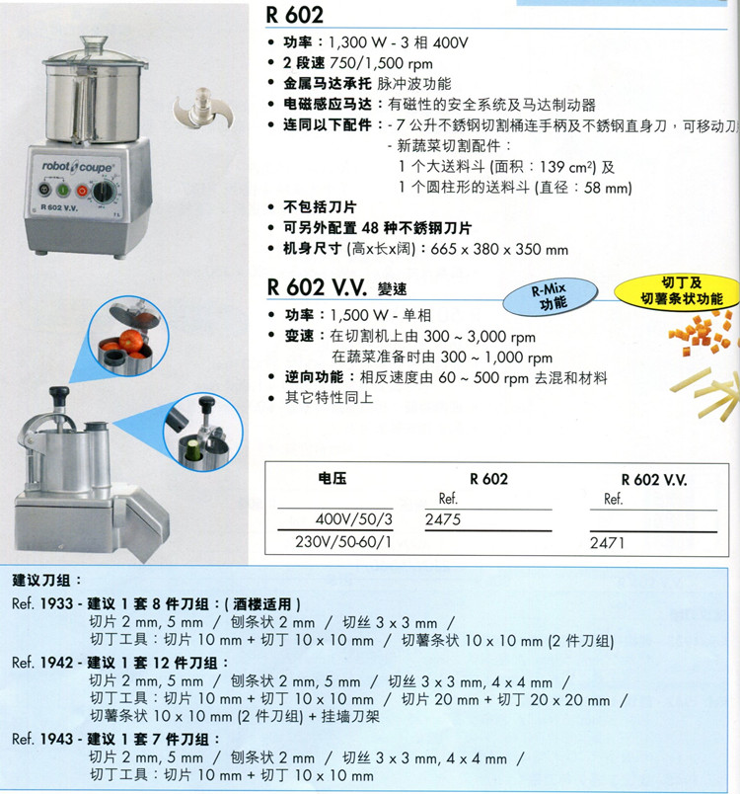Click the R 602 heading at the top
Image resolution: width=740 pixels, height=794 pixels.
pos(294,14)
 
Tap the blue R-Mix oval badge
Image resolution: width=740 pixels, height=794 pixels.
pos(551,296)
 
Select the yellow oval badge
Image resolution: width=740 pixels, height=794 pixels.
pos(679,291)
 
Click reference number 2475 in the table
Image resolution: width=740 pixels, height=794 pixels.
pos(443,519)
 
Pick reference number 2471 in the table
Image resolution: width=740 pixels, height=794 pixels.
pos(607,543)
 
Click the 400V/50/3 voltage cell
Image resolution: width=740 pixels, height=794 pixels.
pos(353,519)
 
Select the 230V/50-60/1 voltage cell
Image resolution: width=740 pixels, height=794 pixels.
pos(343,542)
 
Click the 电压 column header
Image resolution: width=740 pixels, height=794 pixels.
pos(333,478)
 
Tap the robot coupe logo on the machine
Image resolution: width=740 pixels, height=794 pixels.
pos(77,166)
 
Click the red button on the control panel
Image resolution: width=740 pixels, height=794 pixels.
pos(82,191)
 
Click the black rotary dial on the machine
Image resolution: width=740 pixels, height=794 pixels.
pos(104,192)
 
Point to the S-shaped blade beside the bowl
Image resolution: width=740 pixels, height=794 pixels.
pos(203,110)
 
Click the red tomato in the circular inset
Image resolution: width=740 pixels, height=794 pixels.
pos(130,340)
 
